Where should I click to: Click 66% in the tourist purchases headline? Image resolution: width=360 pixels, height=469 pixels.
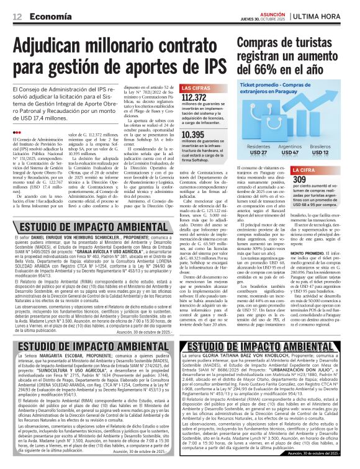[x=262, y=66]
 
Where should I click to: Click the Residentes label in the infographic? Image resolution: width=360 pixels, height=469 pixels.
[x=258, y=146]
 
